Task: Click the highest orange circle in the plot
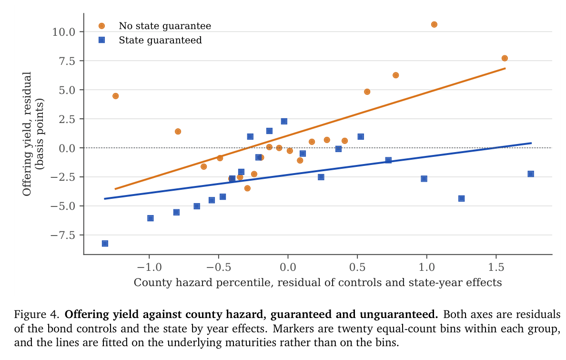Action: [x=434, y=25]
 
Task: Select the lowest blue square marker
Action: [x=105, y=244]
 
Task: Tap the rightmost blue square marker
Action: [x=531, y=174]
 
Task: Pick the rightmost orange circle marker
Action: [x=505, y=58]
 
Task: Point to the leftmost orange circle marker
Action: [x=115, y=96]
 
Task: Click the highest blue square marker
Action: [x=284, y=122]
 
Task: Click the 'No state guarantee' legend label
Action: [x=165, y=26]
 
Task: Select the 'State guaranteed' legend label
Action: [x=160, y=40]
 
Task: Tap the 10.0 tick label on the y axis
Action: [x=63, y=32]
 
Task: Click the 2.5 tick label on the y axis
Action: [x=67, y=119]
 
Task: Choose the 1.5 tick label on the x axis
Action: [x=496, y=267]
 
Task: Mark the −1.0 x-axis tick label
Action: [x=149, y=267]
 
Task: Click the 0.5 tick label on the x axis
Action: [x=357, y=267]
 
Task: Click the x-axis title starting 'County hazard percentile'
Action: [x=318, y=282]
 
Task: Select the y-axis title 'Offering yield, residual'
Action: [x=27, y=134]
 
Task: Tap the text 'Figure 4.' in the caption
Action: [x=37, y=314]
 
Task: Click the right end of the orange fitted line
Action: [x=505, y=68]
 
